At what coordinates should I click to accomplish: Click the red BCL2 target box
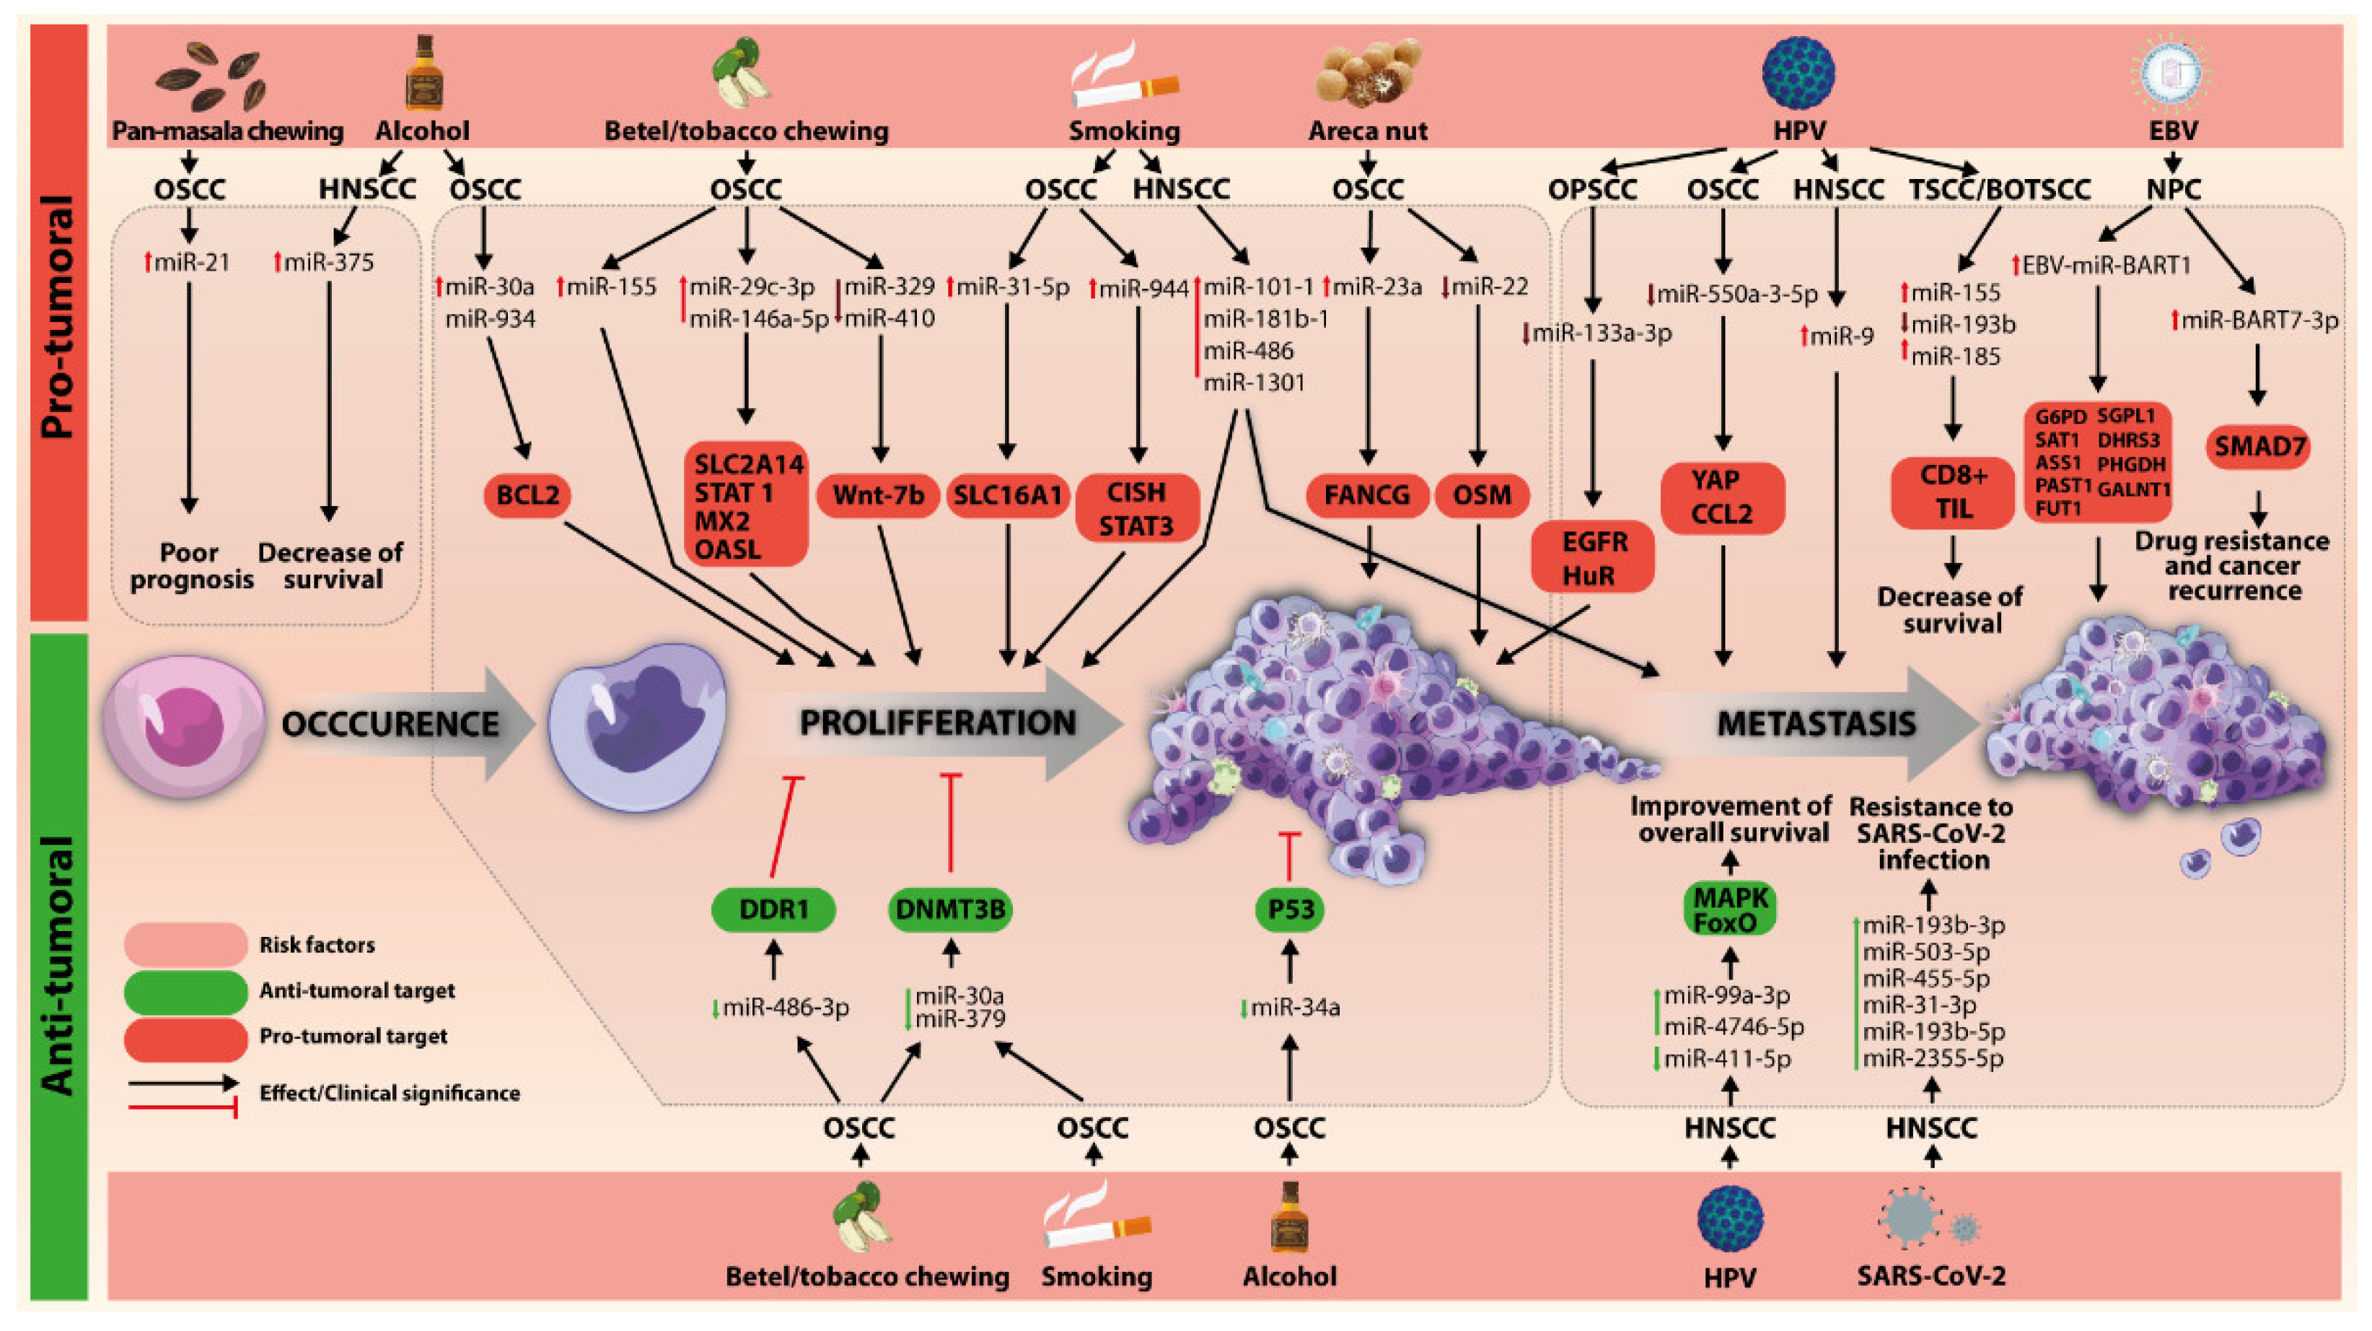pos(527,496)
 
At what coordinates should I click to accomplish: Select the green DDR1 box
pos(773,909)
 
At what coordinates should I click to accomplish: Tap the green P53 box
pos(1289,909)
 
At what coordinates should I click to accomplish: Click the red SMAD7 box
pos(2259,448)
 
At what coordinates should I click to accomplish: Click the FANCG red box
pos(1366,496)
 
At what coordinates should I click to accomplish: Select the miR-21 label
pos(189,263)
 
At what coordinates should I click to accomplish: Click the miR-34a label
pos(1293,1008)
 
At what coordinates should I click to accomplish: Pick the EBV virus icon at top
pos(2171,74)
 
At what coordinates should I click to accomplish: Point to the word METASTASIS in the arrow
pos(1816,724)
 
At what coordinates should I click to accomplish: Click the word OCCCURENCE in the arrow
pos(390,724)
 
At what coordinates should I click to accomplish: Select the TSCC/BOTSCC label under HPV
pos(1999,190)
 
